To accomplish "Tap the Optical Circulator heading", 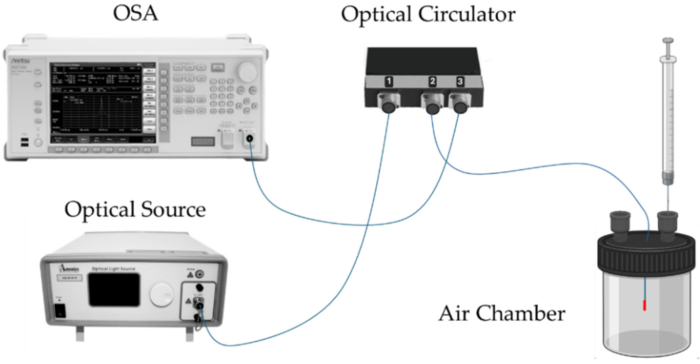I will tap(428, 15).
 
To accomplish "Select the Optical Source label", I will tap(135, 209).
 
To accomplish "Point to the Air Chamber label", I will tap(502, 313).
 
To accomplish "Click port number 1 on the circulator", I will tap(389, 81).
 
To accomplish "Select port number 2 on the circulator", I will tap(432, 81).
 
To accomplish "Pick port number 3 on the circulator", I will tap(460, 81).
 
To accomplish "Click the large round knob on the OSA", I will tap(247, 72).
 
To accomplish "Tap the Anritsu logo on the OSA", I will tap(21, 61).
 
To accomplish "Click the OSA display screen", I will tap(103, 103).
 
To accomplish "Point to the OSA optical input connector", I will tap(250, 138).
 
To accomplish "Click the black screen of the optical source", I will tap(114, 289).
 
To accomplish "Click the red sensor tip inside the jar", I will tap(645, 305).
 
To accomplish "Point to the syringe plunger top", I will tap(668, 41).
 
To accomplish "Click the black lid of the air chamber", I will tap(646, 253).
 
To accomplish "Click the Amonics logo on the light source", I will tap(70, 268).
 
